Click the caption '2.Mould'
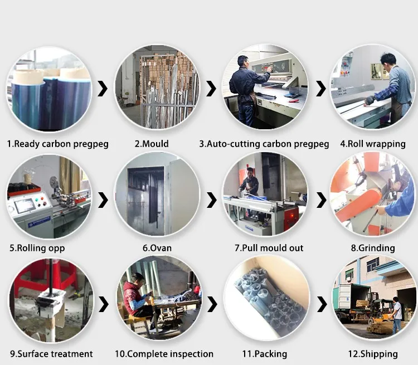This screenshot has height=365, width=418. pyautogui.click(x=152, y=144)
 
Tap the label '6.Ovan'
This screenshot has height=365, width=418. pyautogui.click(x=157, y=248)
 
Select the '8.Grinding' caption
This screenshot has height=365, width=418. pyautogui.click(x=373, y=248)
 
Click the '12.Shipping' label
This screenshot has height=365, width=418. pyautogui.click(x=373, y=354)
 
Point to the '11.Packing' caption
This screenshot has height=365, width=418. pyautogui.click(x=264, y=354)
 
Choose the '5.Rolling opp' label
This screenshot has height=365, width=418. pyautogui.click(x=37, y=248)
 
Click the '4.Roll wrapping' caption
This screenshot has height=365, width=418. pyautogui.click(x=373, y=144)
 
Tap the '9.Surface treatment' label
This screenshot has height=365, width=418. pyautogui.click(x=51, y=354)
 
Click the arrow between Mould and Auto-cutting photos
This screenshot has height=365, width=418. pyautogui.click(x=211, y=89)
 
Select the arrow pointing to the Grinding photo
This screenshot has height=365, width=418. pyautogui.click(x=321, y=200)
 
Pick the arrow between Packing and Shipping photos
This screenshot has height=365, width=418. pyautogui.click(x=322, y=304)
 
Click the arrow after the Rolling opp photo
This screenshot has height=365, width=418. pyautogui.click(x=103, y=200)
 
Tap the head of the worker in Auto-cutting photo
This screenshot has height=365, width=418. pyautogui.click(x=243, y=61)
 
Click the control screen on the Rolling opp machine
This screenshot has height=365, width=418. pyautogui.click(x=25, y=205)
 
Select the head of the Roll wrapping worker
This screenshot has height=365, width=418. pyautogui.click(x=388, y=61)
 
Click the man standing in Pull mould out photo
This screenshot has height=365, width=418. pyautogui.click(x=249, y=181)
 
